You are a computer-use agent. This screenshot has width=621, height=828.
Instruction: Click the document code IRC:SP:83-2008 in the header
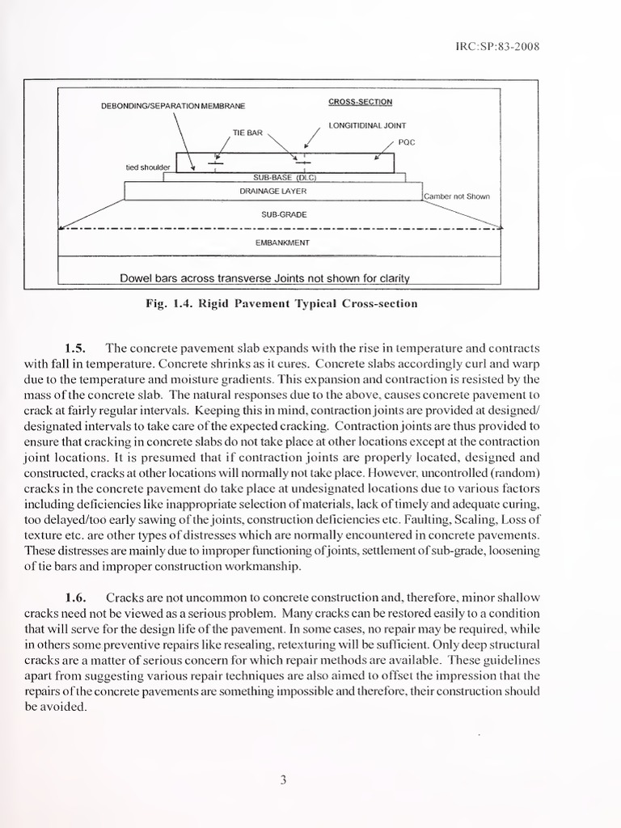tap(497, 46)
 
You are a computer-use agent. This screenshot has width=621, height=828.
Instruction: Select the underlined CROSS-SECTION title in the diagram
tap(360, 102)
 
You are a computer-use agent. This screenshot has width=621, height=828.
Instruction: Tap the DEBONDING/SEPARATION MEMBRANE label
tap(173, 106)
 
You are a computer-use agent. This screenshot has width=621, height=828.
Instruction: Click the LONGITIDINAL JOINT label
tap(368, 125)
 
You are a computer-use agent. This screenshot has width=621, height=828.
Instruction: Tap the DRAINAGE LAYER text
tap(272, 192)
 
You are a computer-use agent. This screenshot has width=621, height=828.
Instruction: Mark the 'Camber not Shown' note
tap(457, 196)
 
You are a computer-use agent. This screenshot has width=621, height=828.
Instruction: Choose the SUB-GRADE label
tap(277, 215)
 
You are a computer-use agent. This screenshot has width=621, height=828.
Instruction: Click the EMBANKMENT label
tap(277, 242)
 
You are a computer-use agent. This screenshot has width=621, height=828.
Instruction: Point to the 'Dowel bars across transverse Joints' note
tap(264, 278)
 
